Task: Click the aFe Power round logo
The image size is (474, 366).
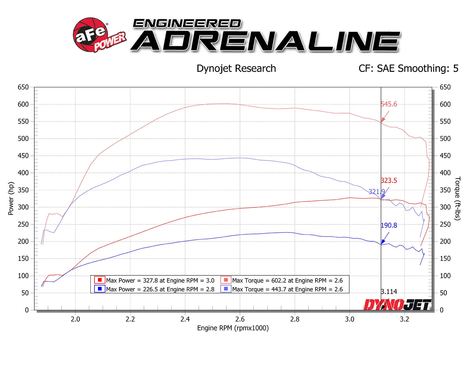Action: [90, 35]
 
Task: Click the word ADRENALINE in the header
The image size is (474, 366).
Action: [265, 41]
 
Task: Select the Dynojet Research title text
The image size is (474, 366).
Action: [236, 68]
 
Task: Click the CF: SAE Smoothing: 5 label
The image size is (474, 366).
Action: [408, 68]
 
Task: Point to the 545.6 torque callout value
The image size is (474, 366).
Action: [389, 104]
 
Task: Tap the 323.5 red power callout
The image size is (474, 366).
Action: [389, 181]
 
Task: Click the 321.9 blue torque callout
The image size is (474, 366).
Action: [376, 192]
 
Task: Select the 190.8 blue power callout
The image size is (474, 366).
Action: [389, 225]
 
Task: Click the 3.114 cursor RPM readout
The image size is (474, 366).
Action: [389, 292]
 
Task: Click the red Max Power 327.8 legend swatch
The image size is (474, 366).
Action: [100, 280]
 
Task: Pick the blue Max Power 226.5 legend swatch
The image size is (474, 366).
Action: [100, 289]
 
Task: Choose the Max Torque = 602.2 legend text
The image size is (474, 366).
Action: [287, 280]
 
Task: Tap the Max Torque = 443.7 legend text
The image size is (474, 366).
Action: [287, 289]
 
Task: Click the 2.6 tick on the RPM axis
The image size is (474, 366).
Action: [240, 319]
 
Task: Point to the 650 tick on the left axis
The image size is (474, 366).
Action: [23, 87]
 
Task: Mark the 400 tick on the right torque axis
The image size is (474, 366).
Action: [445, 173]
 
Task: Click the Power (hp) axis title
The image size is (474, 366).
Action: [11, 198]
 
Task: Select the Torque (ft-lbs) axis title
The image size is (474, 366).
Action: [458, 198]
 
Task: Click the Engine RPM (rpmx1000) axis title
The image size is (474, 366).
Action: [233, 328]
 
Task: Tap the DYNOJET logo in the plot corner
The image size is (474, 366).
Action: [397, 304]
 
